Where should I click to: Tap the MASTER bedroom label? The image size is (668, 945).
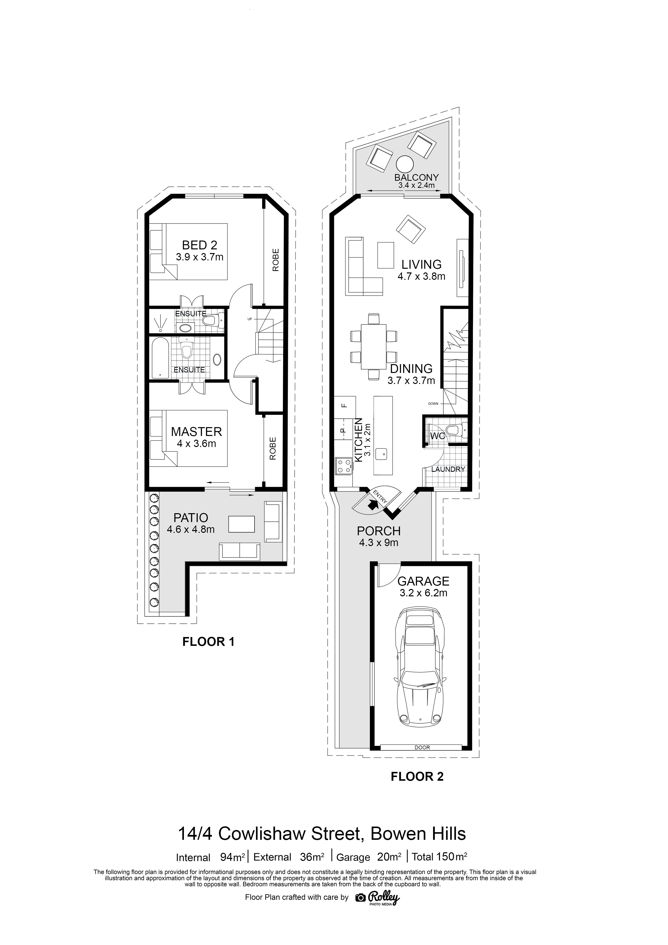[196, 432]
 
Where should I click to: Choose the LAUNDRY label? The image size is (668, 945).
[448, 469]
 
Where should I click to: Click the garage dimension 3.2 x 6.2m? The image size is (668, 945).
[423, 593]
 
